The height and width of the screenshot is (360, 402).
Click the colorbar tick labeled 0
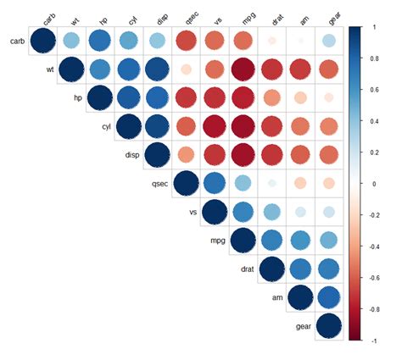pyautogui.click(x=373, y=183)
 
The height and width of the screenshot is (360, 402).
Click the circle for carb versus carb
pyautogui.click(x=43, y=41)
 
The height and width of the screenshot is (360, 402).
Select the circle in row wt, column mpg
pyautogui.click(x=243, y=69)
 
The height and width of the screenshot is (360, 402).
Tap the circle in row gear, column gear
pyautogui.click(x=329, y=327)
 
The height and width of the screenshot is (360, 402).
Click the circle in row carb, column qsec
pyautogui.click(x=186, y=41)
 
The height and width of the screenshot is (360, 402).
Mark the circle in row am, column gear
pyautogui.click(x=329, y=298)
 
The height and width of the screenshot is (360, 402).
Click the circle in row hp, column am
pyautogui.click(x=300, y=98)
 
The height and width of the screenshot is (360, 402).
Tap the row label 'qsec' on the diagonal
pyautogui.click(x=157, y=183)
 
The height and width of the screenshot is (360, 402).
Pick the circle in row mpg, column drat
pyautogui.click(x=272, y=241)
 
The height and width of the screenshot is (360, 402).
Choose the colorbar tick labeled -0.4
pyautogui.click(x=376, y=246)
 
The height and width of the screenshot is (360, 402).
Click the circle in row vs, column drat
pyautogui.click(x=272, y=212)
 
